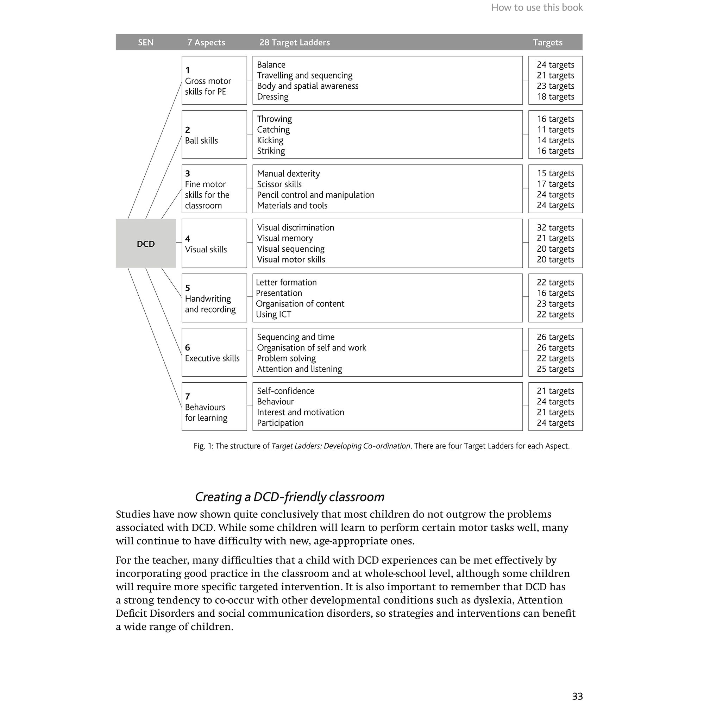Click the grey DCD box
(146, 244)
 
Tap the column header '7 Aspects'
(206, 42)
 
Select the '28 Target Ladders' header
(294, 42)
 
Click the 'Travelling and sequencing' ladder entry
(304, 75)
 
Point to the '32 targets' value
(555, 228)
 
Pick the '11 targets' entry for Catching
(555, 130)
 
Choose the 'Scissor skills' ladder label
(279, 184)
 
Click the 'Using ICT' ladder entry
(273, 314)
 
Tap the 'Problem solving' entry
(286, 359)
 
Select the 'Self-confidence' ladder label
(285, 391)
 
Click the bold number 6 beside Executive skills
(187, 348)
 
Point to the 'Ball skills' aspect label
(201, 141)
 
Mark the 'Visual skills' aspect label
(206, 250)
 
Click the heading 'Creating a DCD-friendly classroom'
(289, 497)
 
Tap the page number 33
(577, 696)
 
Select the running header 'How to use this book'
(537, 8)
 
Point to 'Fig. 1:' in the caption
(203, 446)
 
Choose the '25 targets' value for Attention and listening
(555, 369)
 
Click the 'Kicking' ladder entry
(270, 140)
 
